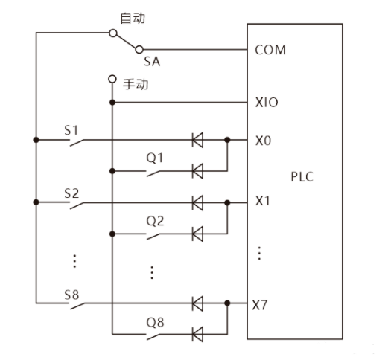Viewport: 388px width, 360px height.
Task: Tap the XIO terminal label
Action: coord(266,103)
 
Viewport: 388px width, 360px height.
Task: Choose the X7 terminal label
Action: coord(261,304)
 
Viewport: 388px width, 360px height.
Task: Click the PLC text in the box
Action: coord(302,178)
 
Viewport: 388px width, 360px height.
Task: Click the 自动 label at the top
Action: coord(132,16)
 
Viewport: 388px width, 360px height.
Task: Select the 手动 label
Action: coord(136,84)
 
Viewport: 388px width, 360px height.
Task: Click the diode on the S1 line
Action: coord(198,139)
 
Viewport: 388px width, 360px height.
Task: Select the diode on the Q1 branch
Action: coord(198,170)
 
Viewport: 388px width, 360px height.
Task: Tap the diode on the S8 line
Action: coord(198,303)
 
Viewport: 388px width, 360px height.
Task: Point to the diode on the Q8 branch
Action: coord(198,335)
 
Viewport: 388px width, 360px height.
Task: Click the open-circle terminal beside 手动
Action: coord(112,78)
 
